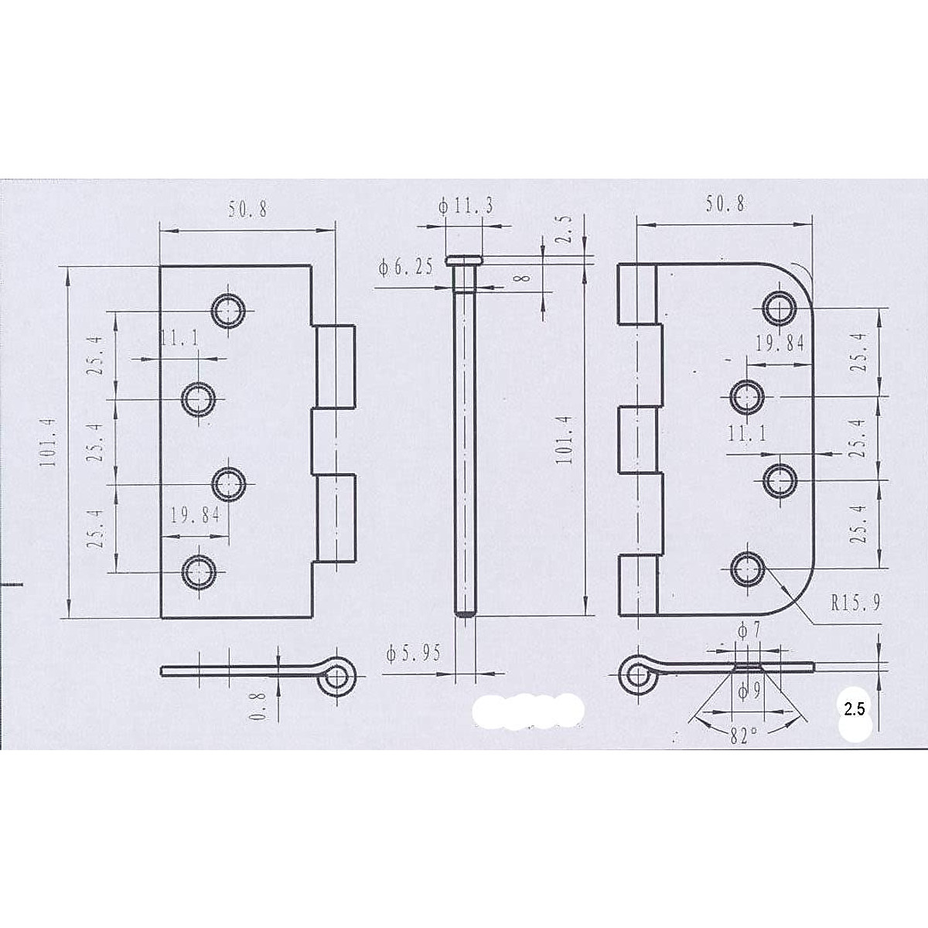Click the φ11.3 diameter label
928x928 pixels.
pos(466,206)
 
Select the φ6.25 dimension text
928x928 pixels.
pos(405,267)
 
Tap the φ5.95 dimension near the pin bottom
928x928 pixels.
pos(413,653)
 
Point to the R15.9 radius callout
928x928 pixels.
pos(855,602)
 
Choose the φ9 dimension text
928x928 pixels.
pos(749,691)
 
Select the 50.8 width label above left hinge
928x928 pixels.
pos(247,210)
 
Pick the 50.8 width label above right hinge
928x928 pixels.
pos(725,203)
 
